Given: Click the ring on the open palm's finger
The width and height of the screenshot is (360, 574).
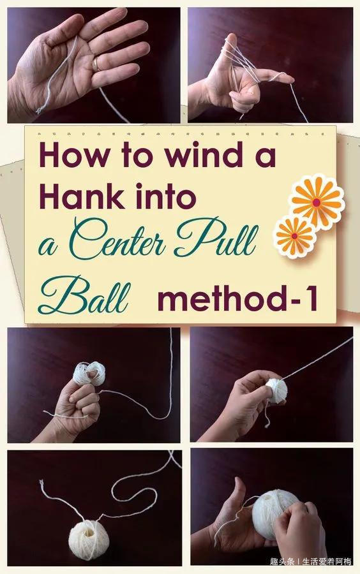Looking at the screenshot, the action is tap(96, 64).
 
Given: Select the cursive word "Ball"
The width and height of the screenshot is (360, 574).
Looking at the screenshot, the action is tap(84, 296).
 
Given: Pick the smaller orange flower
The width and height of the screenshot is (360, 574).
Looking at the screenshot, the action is tap(295, 237).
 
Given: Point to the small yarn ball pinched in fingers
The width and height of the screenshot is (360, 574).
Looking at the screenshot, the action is tap(276, 391).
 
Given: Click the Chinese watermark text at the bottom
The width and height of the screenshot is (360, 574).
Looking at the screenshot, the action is tap(311, 561).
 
